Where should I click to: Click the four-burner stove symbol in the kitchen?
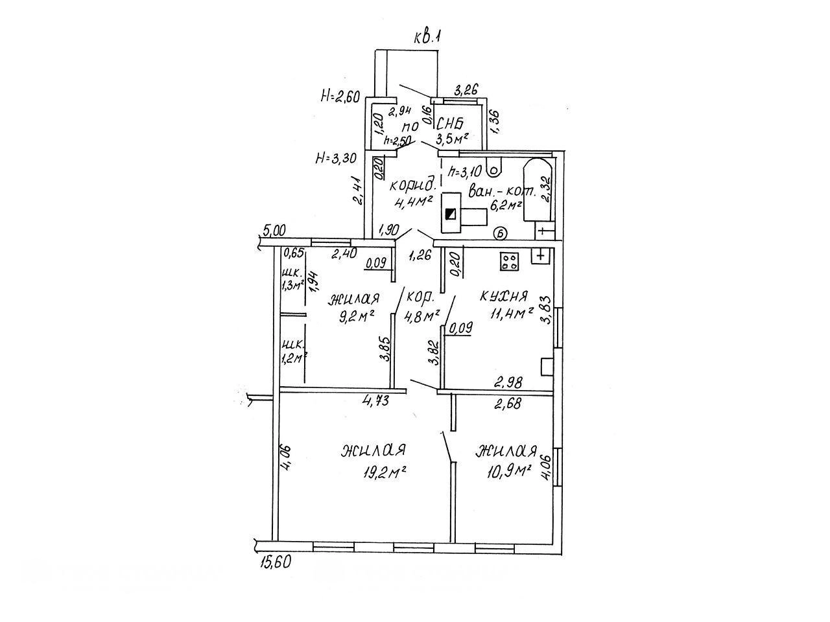pos(510,260)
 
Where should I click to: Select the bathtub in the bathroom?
pos(538,192)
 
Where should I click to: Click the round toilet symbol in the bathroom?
pos(495,171)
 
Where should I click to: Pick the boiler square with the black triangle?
pos(451,213)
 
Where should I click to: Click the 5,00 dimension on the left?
pos(275,229)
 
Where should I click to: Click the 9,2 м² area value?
pos(353,317)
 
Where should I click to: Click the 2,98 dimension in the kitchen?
pos(508,382)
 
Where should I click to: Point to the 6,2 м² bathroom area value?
pos(505,205)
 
